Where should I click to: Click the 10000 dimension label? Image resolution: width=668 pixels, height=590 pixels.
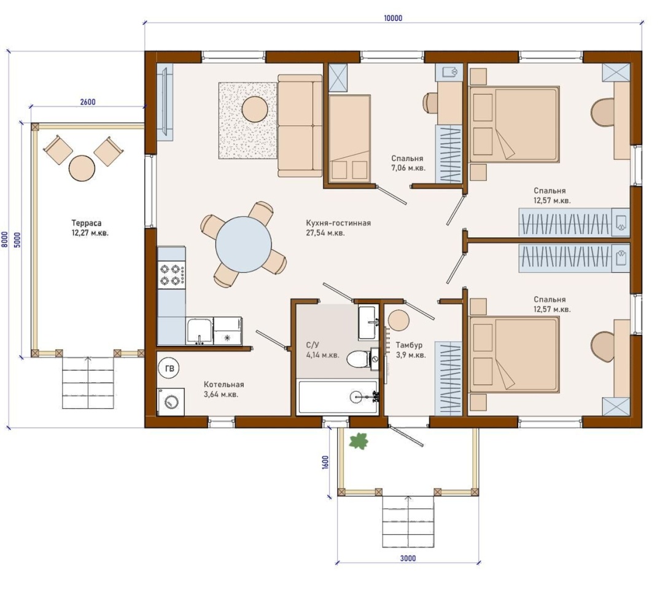point(393,18)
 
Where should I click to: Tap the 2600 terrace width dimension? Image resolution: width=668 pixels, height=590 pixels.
point(88,102)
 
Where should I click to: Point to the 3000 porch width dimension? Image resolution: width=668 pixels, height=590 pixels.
point(408,558)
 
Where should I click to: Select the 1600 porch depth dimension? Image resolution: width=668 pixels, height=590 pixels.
point(326,462)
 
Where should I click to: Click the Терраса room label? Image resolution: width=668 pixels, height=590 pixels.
point(87,223)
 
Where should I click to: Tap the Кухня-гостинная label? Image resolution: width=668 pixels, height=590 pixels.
point(338,223)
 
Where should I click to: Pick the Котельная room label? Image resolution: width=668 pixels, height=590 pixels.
point(223,384)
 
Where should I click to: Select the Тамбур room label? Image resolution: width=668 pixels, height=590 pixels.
point(409,345)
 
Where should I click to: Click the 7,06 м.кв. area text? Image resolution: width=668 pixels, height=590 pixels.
point(408,168)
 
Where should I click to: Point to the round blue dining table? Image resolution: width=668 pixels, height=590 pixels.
point(244,244)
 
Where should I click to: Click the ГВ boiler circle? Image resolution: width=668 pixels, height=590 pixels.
point(169,368)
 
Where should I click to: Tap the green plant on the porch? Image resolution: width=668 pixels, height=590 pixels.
point(359,441)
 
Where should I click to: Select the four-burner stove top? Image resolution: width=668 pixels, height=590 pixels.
point(171,275)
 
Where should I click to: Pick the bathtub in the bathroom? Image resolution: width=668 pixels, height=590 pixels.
point(338,397)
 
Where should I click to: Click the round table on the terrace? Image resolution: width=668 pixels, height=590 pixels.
point(82,168)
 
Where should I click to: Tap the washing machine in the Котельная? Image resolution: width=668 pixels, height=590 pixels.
point(171,401)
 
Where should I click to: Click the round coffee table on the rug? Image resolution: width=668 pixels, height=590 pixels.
point(255,109)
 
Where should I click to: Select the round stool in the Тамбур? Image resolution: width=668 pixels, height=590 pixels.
point(398,321)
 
